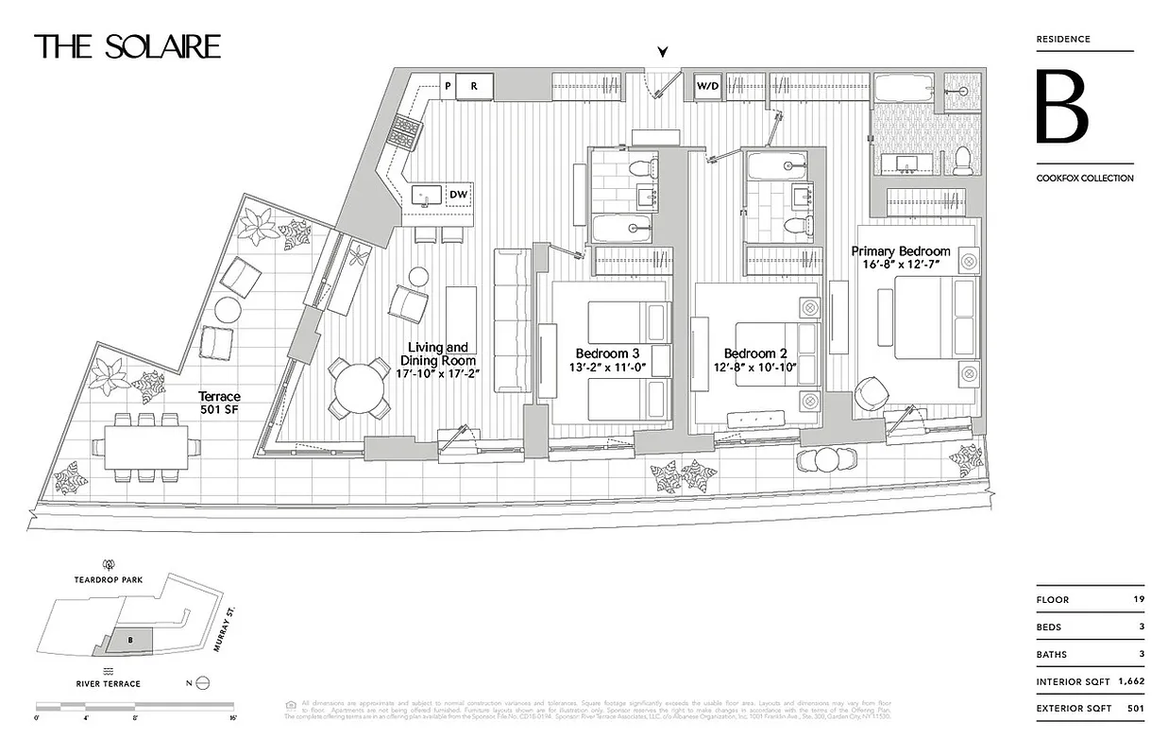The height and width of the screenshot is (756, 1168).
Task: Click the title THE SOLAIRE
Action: tap(127, 46)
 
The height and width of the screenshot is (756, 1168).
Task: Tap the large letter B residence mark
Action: tap(1062, 107)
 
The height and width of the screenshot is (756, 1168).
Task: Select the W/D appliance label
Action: tap(708, 87)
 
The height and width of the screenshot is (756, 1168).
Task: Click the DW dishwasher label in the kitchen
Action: tap(458, 195)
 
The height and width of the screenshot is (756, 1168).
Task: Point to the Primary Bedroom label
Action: tap(901, 251)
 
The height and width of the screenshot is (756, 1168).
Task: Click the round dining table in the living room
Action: tap(360, 387)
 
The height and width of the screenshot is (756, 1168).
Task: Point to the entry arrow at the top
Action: tap(666, 53)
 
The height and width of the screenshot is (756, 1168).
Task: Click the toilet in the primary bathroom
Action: tap(962, 161)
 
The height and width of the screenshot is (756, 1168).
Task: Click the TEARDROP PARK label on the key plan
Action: tap(110, 579)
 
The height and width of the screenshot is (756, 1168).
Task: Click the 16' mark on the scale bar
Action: tap(233, 718)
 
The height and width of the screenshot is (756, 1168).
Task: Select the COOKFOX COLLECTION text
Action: tap(1085, 178)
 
